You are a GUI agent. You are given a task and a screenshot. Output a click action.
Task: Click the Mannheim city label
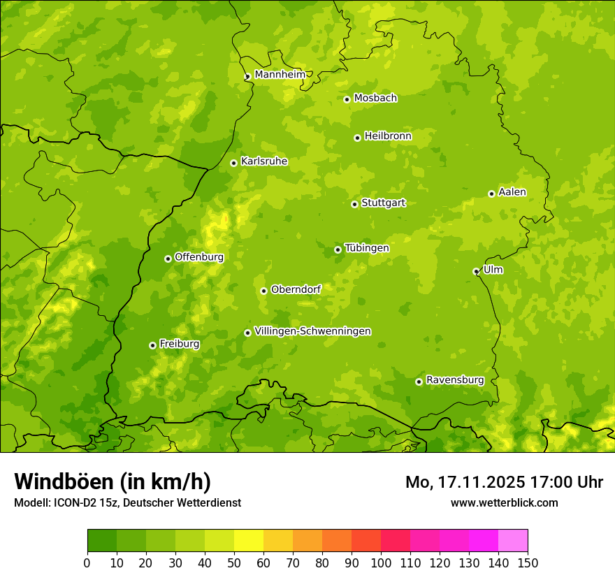pyautogui.click(x=280, y=75)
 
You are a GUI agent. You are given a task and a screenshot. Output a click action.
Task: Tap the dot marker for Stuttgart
pyautogui.click(x=355, y=204)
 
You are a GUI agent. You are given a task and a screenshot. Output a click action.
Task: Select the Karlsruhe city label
pyautogui.click(x=264, y=161)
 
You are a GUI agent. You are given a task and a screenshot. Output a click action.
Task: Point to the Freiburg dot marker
pyautogui.click(x=152, y=345)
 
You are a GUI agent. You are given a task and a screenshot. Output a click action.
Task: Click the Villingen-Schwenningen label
pyautogui.click(x=313, y=331)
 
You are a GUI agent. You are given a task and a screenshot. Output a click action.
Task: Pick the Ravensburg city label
pyautogui.click(x=455, y=380)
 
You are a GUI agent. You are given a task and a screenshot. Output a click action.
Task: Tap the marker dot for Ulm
pyautogui.click(x=476, y=271)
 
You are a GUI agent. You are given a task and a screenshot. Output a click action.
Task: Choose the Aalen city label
pyautogui.click(x=512, y=192)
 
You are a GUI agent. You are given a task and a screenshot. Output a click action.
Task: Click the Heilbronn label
pyautogui.click(x=388, y=136)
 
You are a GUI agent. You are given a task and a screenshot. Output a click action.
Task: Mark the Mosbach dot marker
pyautogui.click(x=347, y=99)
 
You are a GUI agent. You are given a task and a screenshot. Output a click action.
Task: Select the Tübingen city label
pyautogui.click(x=367, y=248)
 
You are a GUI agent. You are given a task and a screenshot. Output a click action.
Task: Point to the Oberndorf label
pyautogui.click(x=296, y=289)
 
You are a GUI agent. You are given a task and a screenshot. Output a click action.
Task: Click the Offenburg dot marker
pyautogui.click(x=168, y=259)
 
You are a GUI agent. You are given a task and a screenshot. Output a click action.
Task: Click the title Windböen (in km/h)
pyautogui.click(x=113, y=481)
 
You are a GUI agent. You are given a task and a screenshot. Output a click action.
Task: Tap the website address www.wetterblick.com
pyautogui.click(x=504, y=502)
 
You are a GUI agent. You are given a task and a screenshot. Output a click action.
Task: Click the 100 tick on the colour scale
pyautogui.click(x=381, y=563)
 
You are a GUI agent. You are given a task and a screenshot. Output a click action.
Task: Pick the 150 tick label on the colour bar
pyautogui.click(x=528, y=563)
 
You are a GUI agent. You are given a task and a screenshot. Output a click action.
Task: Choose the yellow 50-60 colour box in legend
pyautogui.click(x=249, y=541)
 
